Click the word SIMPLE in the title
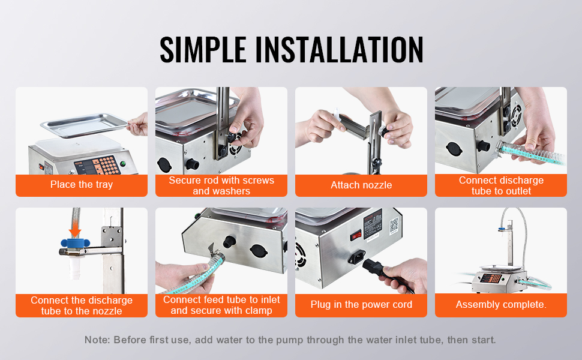[x=203, y=49]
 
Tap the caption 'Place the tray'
[x=82, y=184]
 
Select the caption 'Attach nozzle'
[x=361, y=185]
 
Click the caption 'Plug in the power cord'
[x=361, y=305]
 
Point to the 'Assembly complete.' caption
[x=501, y=305]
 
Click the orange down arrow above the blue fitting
[x=76, y=229]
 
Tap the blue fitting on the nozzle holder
[x=76, y=244]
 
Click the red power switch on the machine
[x=356, y=235]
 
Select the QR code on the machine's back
[x=394, y=225]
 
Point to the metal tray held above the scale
[x=84, y=125]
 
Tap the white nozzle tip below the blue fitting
[x=75, y=267]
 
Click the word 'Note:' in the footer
[x=97, y=340]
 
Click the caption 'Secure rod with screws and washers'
[x=221, y=185]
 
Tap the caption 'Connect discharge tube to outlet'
[x=501, y=185]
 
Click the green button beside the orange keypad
[x=123, y=163]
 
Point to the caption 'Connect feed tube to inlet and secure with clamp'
[x=221, y=305]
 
